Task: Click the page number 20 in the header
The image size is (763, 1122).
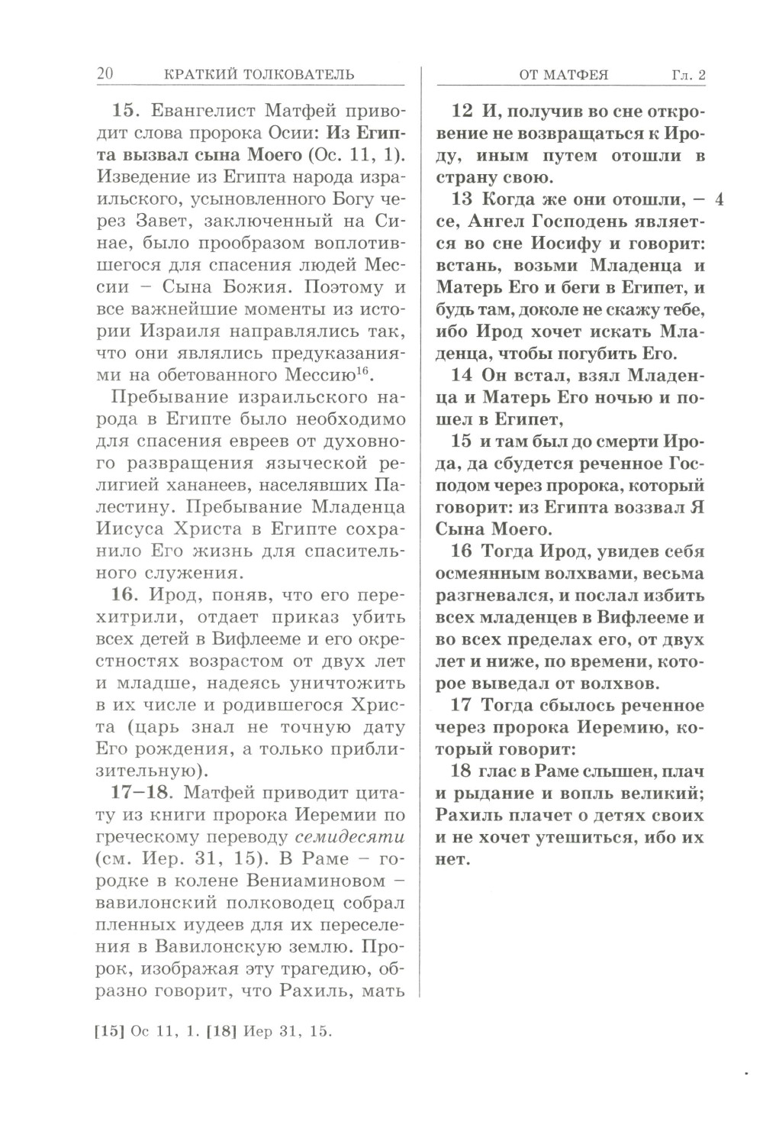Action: coord(105,74)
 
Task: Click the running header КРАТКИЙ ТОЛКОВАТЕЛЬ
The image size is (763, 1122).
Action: coord(259,74)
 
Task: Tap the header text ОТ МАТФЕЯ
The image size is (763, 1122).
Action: coord(564,75)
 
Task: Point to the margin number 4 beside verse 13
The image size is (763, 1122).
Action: coord(720,200)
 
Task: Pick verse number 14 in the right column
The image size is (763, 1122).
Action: coord(462,375)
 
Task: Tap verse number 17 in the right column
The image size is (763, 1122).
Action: coord(462,705)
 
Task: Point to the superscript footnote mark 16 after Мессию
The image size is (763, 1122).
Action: coord(362,370)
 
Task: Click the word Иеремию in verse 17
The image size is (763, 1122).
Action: coord(609,727)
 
